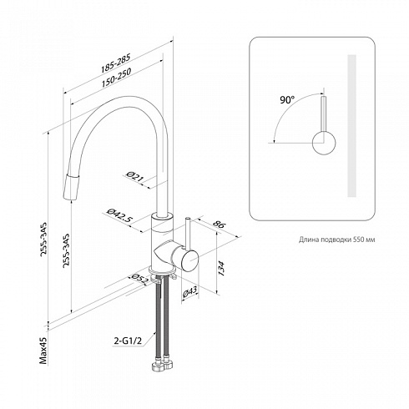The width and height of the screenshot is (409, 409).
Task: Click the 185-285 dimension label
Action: click(x=116, y=63)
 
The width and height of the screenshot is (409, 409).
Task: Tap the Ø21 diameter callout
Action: click(x=134, y=177)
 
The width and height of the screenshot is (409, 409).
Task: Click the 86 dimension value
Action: click(x=219, y=225)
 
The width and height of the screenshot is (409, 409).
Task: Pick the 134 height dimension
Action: click(x=221, y=268)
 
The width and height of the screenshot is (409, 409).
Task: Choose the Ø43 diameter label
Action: click(x=189, y=292)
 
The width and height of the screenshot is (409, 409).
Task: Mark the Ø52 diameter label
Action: click(x=139, y=279)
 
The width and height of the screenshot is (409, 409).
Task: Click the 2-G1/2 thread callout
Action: click(x=128, y=341)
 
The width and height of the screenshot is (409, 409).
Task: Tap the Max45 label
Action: click(x=43, y=351)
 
